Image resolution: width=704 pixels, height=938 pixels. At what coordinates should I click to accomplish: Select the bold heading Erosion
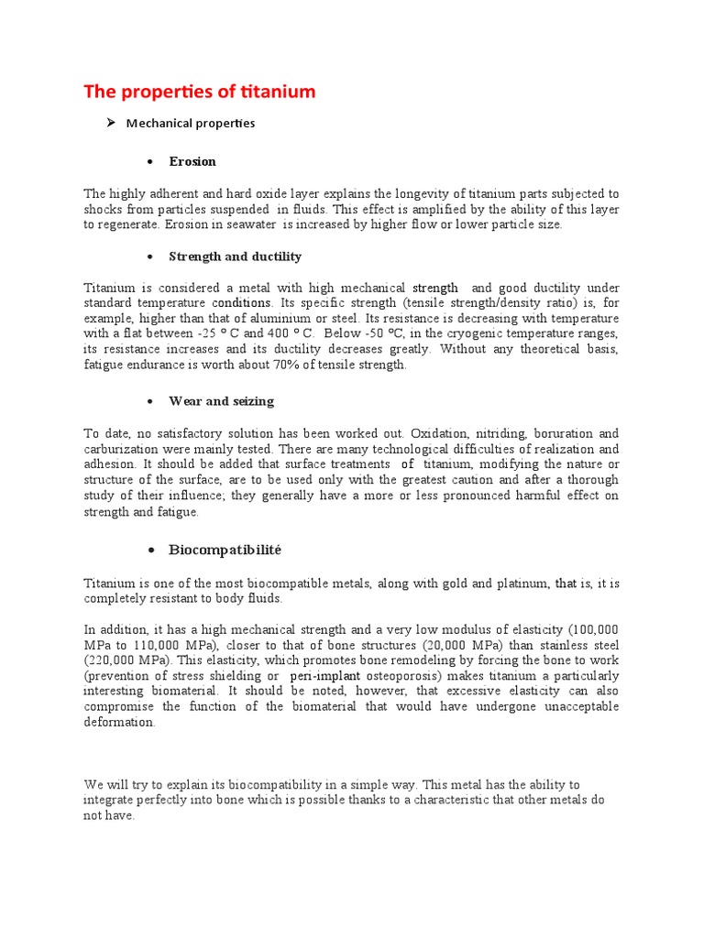[x=192, y=161]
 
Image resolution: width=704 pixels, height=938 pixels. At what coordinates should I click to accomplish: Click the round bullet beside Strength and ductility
[x=148, y=256]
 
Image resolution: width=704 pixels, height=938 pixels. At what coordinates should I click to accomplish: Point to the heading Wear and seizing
[x=221, y=401]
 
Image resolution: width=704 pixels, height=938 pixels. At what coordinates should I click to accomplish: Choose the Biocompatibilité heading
[x=225, y=550]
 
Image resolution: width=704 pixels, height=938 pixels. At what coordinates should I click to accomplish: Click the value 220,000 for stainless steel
[x=114, y=660]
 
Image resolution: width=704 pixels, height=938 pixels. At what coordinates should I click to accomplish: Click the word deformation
[x=119, y=722]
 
